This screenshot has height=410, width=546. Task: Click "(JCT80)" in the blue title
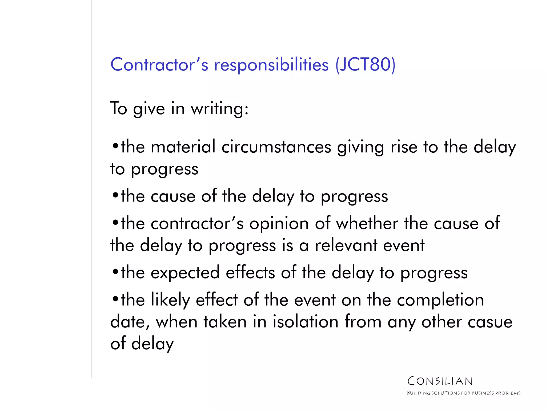[365, 65]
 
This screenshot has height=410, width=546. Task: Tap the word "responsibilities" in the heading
[271, 65]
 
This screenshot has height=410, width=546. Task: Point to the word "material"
[183, 147]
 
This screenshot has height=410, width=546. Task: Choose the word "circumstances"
[276, 147]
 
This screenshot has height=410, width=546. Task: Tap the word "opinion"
[279, 223]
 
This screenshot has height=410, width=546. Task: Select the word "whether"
[367, 223]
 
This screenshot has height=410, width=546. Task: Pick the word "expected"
[185, 273]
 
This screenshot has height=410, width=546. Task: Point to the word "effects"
[250, 273]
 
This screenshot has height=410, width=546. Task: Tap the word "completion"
[440, 300]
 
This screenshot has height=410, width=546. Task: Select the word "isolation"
[306, 322]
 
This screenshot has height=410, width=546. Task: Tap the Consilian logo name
[440, 381]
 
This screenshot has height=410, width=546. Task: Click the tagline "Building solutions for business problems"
[464, 393]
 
